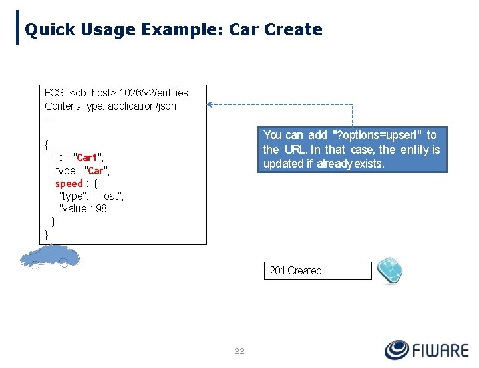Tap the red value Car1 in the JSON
[88, 158]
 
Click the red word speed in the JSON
[69, 183]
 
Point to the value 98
[101, 208]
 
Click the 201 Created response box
[317, 271]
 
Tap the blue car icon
[49, 257]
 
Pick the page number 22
[239, 351]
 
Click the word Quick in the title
[48, 30]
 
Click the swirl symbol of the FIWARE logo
[398, 350]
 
